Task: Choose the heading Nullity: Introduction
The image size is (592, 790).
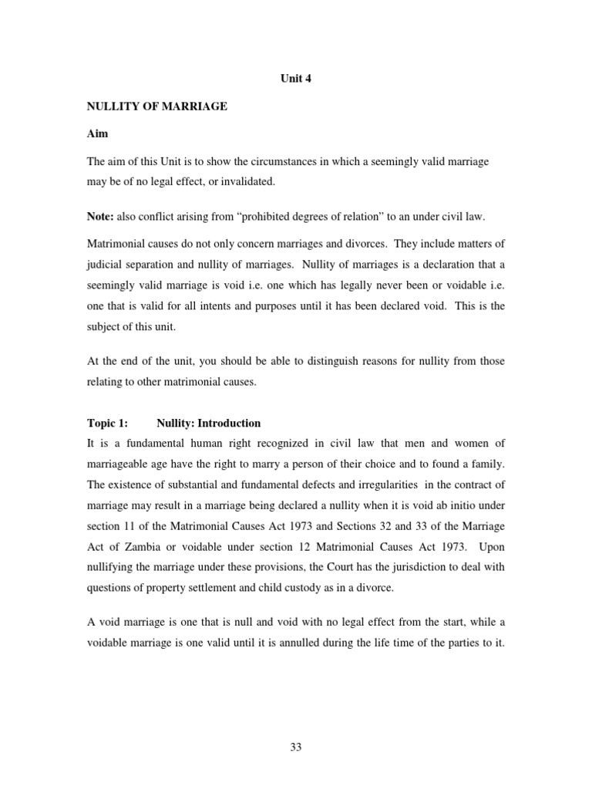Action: [208, 423]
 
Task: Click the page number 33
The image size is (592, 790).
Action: [295, 744]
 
